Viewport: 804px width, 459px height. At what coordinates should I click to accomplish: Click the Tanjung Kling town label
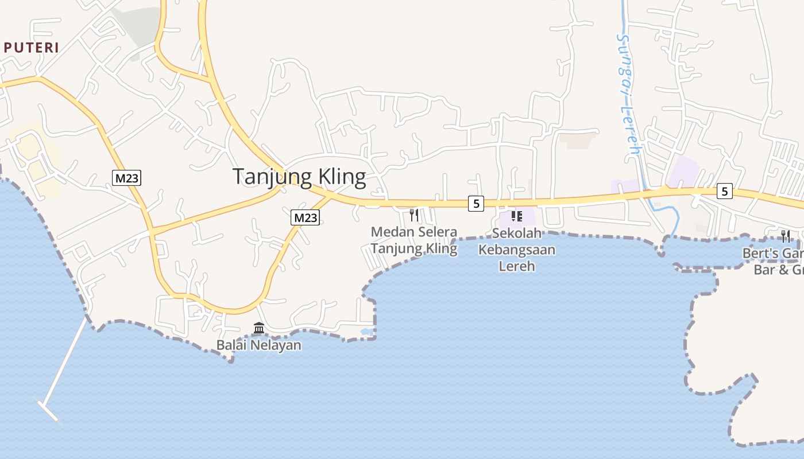point(299,177)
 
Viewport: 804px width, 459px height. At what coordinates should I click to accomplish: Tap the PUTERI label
point(31,48)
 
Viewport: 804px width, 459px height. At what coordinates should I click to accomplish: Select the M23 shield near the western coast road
point(126,178)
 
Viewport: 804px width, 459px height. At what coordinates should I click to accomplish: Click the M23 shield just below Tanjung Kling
point(305,217)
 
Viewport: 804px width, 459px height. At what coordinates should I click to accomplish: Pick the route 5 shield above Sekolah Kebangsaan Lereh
point(476,203)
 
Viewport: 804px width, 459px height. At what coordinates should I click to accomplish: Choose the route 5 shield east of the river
point(725,191)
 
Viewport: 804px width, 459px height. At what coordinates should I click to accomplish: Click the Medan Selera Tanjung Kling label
point(413,240)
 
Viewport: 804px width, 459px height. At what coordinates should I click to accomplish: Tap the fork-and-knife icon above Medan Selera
point(413,215)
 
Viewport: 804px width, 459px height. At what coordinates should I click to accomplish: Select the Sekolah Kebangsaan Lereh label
point(516,250)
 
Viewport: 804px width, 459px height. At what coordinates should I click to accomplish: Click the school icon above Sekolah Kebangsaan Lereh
point(516,216)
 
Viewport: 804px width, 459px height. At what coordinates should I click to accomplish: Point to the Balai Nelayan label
point(258,345)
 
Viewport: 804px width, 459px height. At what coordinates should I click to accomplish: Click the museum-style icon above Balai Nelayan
point(259,328)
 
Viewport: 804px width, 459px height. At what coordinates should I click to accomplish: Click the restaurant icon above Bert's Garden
point(785,236)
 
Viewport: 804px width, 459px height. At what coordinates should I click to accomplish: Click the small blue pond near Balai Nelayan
point(365,332)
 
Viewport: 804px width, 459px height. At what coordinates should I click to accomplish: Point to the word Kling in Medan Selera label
point(439,248)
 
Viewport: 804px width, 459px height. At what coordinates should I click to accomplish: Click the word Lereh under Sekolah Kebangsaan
point(516,266)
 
